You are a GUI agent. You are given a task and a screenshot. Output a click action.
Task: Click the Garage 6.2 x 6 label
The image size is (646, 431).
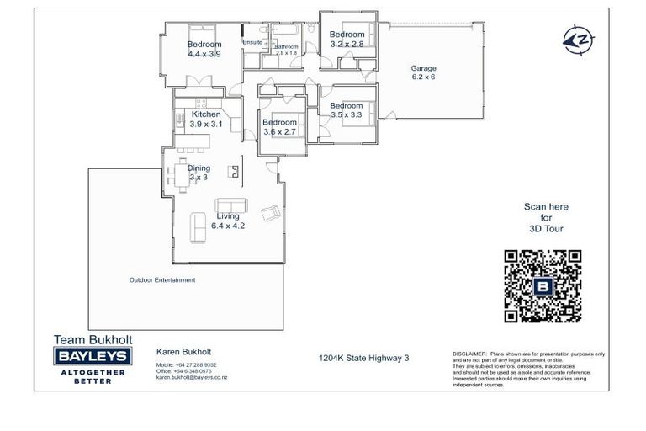tap(423, 72)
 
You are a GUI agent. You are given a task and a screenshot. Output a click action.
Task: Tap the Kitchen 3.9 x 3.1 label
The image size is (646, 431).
tap(206, 120)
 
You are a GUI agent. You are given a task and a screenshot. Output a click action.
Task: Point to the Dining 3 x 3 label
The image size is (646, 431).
tap(199, 173)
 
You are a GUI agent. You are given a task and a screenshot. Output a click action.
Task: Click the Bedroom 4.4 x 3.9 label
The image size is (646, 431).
tap(204, 49)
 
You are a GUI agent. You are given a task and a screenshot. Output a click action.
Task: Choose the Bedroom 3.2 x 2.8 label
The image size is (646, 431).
tap(347, 40)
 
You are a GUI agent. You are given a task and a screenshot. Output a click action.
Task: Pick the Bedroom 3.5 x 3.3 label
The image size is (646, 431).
tap(346, 110)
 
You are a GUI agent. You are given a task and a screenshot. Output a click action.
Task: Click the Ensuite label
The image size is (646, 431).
tap(252, 42)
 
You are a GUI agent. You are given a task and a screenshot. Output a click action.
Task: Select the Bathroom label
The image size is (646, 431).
tap(286, 47)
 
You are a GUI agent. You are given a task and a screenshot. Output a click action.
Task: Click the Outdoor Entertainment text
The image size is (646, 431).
tap(161, 280)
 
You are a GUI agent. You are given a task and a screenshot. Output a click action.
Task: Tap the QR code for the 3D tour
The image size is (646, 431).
tap(543, 286)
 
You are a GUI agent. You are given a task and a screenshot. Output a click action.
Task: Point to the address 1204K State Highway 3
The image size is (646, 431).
tap(363, 358)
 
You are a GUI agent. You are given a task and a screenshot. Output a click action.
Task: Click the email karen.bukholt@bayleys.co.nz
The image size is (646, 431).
tap(192, 378)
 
